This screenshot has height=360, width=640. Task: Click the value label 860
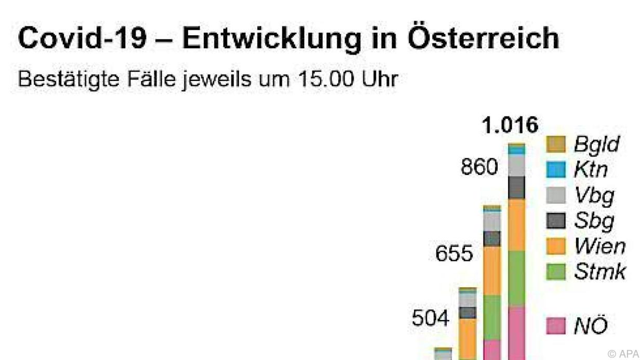point(479,168)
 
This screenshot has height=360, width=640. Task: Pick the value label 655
point(455,255)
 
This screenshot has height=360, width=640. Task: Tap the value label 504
point(431,319)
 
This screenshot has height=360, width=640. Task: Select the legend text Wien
point(599,246)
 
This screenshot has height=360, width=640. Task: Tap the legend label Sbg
point(594,220)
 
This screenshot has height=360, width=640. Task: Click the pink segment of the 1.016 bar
point(517,332)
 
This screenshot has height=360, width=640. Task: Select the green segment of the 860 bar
point(492,317)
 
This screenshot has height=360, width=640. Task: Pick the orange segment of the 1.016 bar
point(517,224)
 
